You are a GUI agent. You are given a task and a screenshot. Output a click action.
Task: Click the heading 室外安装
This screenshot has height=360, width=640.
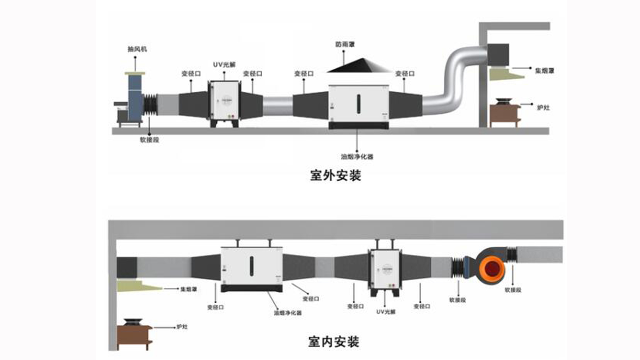335,175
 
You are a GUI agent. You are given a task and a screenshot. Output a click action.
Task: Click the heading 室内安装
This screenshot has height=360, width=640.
334,342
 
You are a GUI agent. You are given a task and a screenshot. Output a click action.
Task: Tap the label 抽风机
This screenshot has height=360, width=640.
137,49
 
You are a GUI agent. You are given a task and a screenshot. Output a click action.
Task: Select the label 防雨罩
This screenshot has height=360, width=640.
345,44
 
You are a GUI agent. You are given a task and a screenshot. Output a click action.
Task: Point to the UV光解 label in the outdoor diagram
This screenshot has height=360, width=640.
224,65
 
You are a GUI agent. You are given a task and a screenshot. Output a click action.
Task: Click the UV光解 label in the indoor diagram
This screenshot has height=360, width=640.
386,312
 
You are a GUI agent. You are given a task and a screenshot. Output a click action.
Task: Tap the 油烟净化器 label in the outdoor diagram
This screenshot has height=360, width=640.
357,156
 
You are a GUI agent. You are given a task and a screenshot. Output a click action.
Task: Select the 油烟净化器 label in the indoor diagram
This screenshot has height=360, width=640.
288,313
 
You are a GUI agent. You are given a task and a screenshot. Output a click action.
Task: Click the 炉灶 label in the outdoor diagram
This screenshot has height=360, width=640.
543,108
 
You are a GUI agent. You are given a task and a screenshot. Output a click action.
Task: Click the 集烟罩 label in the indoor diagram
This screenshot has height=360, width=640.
189,289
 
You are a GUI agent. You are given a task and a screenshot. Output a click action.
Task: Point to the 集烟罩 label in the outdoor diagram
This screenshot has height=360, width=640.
544,71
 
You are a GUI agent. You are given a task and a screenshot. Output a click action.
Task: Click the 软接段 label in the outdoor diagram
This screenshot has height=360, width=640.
149,140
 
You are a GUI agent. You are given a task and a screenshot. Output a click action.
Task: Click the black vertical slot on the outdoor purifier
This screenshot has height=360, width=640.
359,104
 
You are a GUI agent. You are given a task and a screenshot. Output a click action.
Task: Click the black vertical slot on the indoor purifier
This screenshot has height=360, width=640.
252,266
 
